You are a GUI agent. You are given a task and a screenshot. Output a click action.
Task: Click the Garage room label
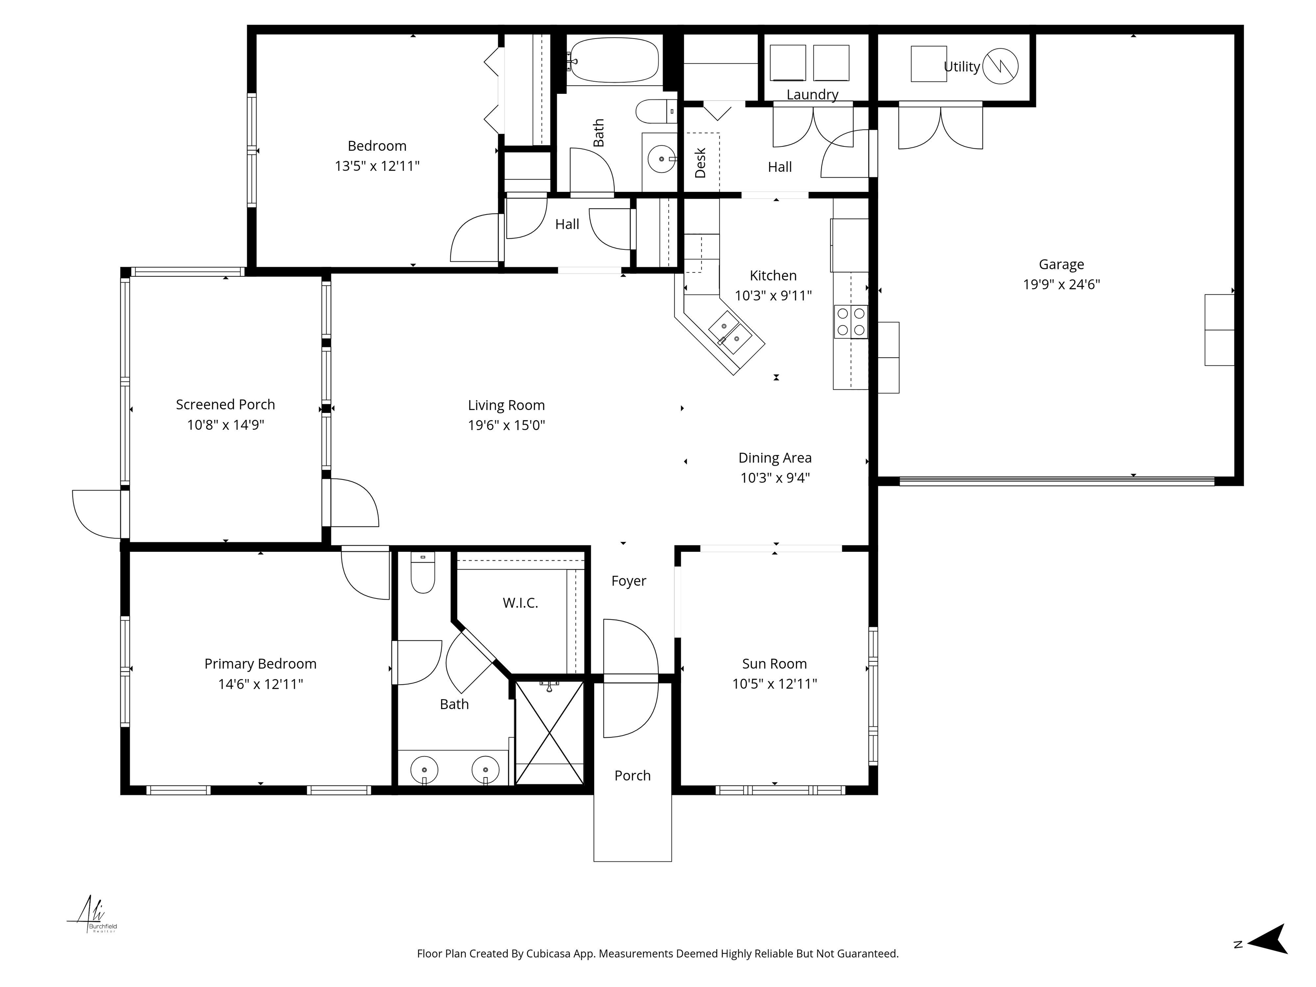click(x=1061, y=264)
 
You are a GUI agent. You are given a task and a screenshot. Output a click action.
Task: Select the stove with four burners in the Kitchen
click(x=850, y=322)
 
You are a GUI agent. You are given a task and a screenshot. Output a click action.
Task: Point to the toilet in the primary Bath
click(x=422, y=574)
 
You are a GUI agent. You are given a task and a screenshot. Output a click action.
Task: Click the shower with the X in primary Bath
click(x=548, y=733)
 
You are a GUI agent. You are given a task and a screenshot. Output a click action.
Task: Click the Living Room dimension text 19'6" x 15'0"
click(x=506, y=425)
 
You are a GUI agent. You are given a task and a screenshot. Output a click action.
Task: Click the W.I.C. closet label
click(x=520, y=603)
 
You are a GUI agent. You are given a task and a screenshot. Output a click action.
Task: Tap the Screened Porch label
click(x=225, y=404)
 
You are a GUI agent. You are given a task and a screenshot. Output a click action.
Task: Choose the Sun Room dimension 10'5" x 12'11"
click(x=774, y=684)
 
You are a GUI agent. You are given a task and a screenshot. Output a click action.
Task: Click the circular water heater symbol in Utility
click(x=1000, y=66)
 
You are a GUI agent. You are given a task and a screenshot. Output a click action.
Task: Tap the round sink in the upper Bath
click(x=661, y=159)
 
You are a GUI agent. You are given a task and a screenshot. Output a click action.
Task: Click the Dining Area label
click(x=775, y=458)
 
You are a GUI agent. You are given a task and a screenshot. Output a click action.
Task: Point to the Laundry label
click(x=812, y=95)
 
